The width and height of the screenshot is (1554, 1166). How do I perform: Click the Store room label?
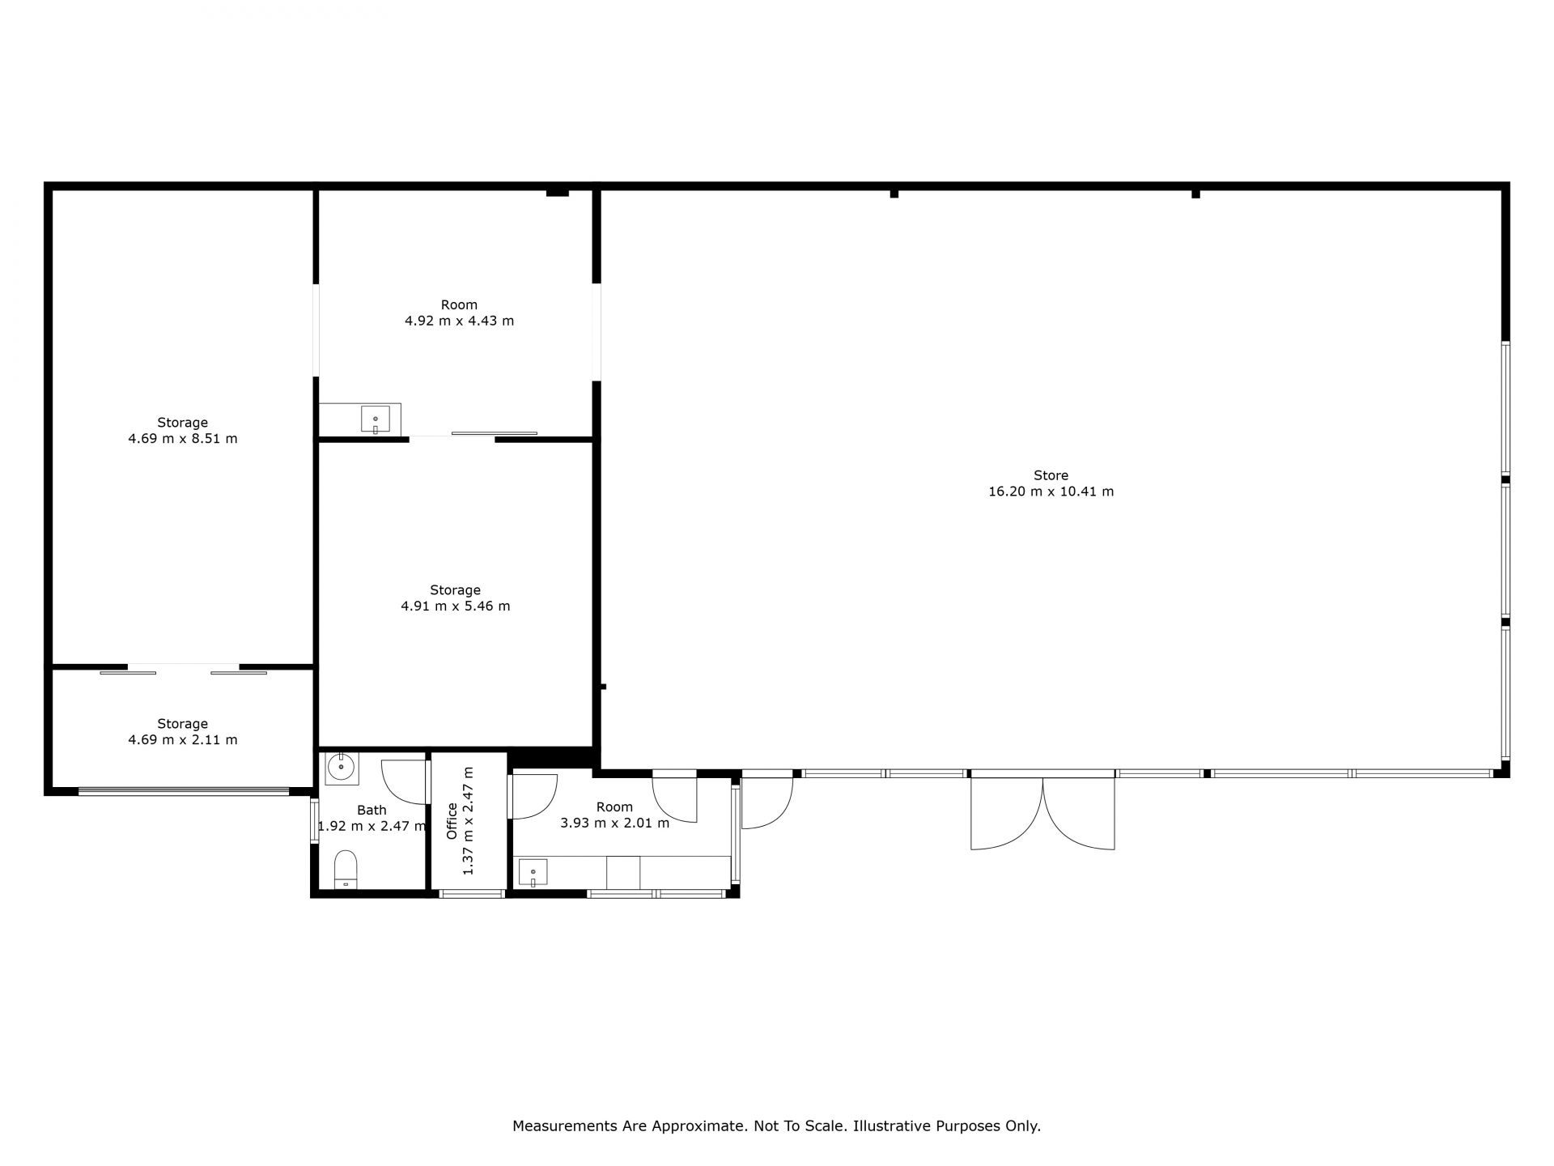(x=1051, y=475)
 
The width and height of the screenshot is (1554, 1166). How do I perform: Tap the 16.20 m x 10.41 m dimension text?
(x=1051, y=492)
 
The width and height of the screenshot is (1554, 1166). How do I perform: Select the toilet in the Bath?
(x=346, y=870)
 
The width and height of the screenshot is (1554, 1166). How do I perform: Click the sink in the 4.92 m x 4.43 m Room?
(x=376, y=419)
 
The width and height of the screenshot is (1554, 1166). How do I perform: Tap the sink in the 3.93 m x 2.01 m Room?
(x=533, y=873)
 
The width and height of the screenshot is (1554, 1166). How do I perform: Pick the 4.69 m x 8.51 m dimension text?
(x=183, y=439)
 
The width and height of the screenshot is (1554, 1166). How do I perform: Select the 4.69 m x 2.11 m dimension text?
(x=183, y=739)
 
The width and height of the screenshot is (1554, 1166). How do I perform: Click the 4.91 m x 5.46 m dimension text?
(x=456, y=606)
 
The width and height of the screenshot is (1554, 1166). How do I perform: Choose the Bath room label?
(x=372, y=810)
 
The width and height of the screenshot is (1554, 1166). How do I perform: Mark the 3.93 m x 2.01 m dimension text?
(x=615, y=823)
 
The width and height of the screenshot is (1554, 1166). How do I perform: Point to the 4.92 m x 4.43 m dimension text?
(x=460, y=321)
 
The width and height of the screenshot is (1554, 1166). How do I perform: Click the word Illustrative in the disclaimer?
(x=892, y=1126)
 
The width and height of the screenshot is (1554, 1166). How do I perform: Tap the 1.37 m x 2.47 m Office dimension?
(x=468, y=820)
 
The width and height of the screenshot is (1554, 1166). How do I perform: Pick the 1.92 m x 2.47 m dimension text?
(x=372, y=827)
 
